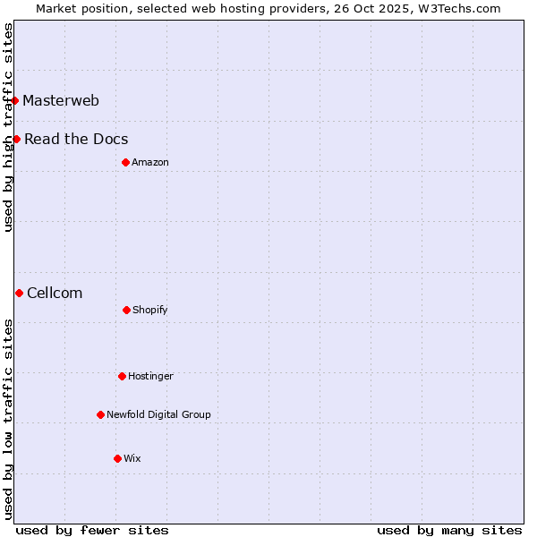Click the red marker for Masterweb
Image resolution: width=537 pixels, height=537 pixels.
pyautogui.click(x=15, y=100)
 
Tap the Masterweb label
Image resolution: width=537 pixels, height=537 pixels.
pyautogui.click(x=61, y=100)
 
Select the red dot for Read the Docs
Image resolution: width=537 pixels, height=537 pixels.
pyautogui.click(x=16, y=139)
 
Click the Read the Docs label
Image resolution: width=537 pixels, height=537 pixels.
pyautogui.click(x=76, y=140)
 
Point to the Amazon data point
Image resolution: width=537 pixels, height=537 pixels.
pyautogui.click(x=125, y=162)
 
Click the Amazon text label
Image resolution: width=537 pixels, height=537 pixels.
pyautogui.click(x=150, y=162)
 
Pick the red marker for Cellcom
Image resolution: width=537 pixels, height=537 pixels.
pyautogui.click(x=19, y=293)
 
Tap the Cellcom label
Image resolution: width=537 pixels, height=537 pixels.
pyautogui.click(x=55, y=294)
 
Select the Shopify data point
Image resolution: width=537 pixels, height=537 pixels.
pyautogui.click(x=126, y=310)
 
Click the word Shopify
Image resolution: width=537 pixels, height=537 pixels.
pyautogui.click(x=150, y=311)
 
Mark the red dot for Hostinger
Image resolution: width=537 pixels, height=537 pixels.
pyautogui.click(x=122, y=376)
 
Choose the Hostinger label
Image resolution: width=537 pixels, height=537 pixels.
pyautogui.click(x=150, y=377)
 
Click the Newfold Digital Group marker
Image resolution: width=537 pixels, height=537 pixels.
pyautogui.click(x=100, y=414)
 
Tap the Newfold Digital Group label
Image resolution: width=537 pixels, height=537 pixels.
pyautogui.click(x=158, y=414)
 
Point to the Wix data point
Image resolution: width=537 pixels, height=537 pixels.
pyautogui.click(x=117, y=458)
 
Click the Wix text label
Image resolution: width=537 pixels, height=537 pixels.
pyautogui.click(x=132, y=458)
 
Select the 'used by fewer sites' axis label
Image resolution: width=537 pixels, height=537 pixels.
pyautogui.click(x=92, y=530)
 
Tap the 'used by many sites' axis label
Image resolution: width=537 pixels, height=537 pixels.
pyautogui.click(x=449, y=530)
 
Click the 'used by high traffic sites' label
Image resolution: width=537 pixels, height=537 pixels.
pyautogui.click(x=8, y=127)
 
